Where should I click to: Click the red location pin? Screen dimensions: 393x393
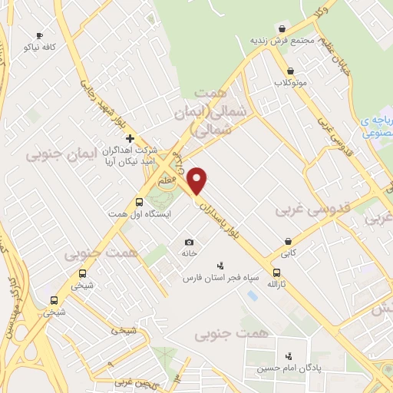(x=198, y=180)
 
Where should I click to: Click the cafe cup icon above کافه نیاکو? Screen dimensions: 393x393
(x=39, y=35)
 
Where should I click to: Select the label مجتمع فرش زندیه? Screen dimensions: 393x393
(x=282, y=40)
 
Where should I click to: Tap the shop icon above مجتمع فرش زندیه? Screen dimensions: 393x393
(x=282, y=28)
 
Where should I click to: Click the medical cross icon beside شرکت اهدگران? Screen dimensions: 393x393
(x=130, y=139)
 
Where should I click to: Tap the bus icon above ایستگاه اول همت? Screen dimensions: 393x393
(x=139, y=202)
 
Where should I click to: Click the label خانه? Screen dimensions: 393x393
(x=190, y=253)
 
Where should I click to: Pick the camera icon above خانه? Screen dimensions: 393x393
(x=190, y=242)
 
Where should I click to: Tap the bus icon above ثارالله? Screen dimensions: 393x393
(x=276, y=272)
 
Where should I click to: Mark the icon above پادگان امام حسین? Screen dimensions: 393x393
(x=289, y=355)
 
